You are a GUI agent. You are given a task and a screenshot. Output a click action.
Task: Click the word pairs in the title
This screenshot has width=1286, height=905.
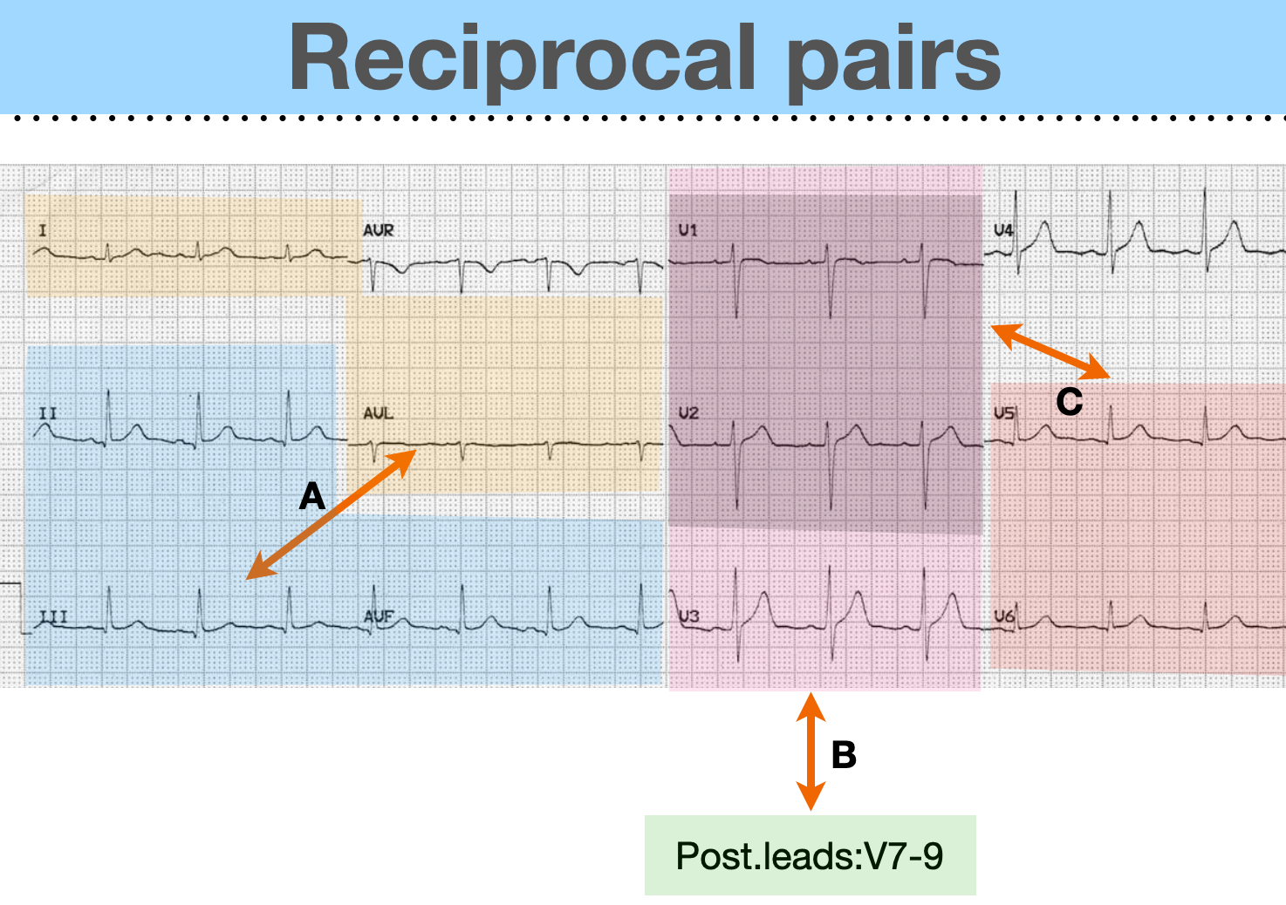[x=893, y=61]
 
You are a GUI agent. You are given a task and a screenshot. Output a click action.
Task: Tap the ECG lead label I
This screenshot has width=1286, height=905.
[x=43, y=231]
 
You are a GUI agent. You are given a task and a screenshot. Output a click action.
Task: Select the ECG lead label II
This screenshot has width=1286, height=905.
[x=47, y=412]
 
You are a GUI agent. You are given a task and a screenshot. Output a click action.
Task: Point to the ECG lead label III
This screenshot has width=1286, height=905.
[x=53, y=616]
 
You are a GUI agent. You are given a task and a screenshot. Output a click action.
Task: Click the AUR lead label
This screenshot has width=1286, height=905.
[x=379, y=230]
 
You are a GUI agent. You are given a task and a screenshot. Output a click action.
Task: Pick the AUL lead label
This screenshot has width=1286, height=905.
[x=378, y=412]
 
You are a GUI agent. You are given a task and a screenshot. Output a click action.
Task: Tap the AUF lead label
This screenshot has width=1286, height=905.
[x=379, y=616]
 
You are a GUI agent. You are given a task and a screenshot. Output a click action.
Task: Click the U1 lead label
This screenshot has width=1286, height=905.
[x=687, y=230]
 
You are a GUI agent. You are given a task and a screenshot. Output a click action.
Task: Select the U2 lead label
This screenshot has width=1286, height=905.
[x=688, y=412]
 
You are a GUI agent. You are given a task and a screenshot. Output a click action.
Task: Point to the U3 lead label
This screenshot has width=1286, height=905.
[x=689, y=616]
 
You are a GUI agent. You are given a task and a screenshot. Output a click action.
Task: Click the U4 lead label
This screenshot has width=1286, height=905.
[x=1003, y=230]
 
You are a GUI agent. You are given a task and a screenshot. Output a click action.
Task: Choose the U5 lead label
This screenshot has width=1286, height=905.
[x=1004, y=412]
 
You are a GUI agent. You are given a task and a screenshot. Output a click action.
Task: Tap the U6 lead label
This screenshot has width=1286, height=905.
[x=1004, y=616]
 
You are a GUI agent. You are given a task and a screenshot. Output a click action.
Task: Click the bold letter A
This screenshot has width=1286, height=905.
[x=311, y=497]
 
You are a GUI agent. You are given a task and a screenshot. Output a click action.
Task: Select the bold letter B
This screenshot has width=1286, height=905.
[x=844, y=755]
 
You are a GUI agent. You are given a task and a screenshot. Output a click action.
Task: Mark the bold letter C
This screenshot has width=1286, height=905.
[x=1069, y=402]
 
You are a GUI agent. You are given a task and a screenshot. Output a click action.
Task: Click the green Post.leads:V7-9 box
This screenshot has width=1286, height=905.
[x=810, y=855]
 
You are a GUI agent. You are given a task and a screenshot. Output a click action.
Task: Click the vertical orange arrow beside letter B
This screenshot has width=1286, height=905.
[x=811, y=752]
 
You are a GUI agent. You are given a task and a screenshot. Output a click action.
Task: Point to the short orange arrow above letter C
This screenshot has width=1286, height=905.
[x=1050, y=350]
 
